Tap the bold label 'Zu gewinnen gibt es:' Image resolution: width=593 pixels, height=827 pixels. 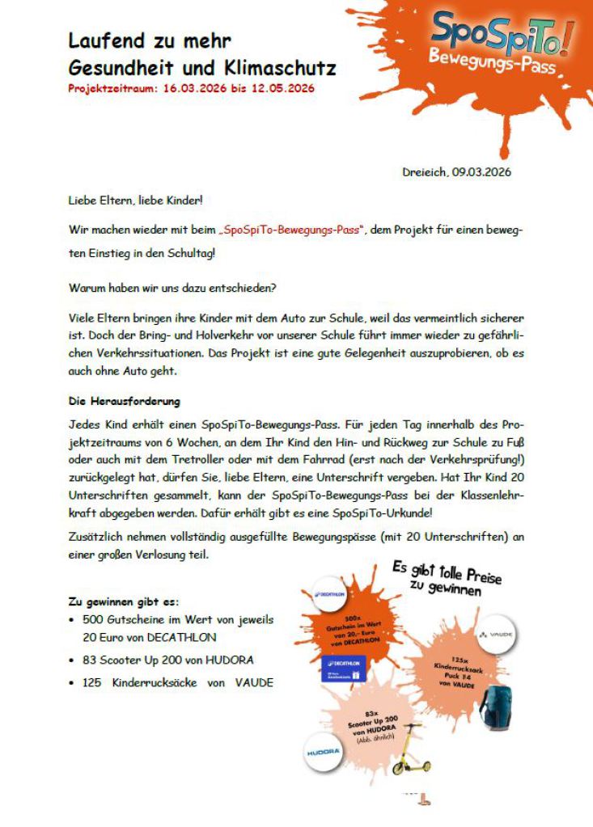click(x=124, y=602)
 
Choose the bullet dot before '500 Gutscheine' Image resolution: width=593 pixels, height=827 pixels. click(x=73, y=620)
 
